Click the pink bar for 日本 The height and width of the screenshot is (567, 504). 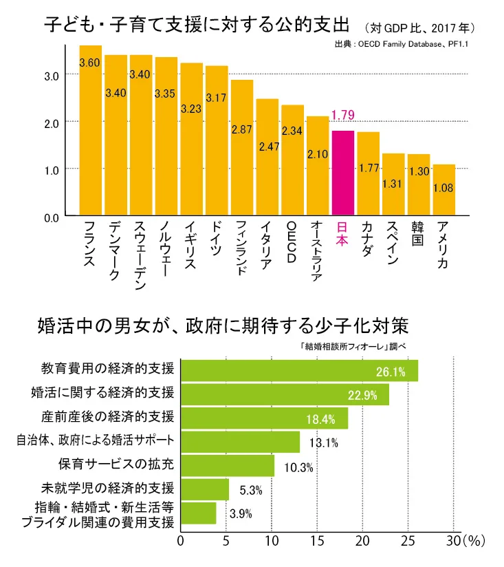(342, 173)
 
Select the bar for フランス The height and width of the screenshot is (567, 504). (90, 131)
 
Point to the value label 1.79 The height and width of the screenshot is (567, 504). (342, 115)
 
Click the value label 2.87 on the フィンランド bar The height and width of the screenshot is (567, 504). (241, 129)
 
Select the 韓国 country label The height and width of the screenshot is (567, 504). (417, 234)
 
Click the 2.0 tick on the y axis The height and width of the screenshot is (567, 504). (51, 122)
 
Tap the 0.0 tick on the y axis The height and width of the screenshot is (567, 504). (51, 218)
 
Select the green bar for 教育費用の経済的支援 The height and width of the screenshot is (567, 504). (298, 370)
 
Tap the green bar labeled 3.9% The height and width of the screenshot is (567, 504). (198, 513)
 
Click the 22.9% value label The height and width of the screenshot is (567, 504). (367, 395)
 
